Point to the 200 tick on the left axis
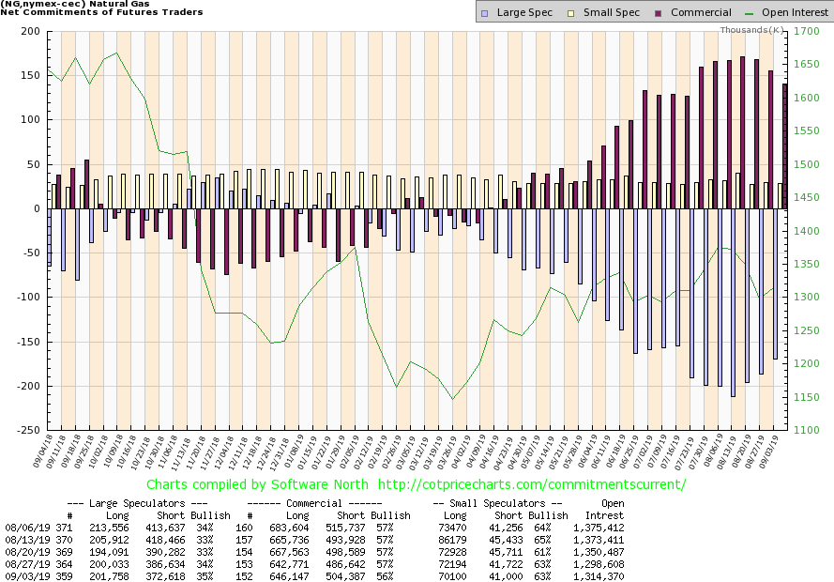30,32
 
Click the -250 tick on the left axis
28,430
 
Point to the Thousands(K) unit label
752,30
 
